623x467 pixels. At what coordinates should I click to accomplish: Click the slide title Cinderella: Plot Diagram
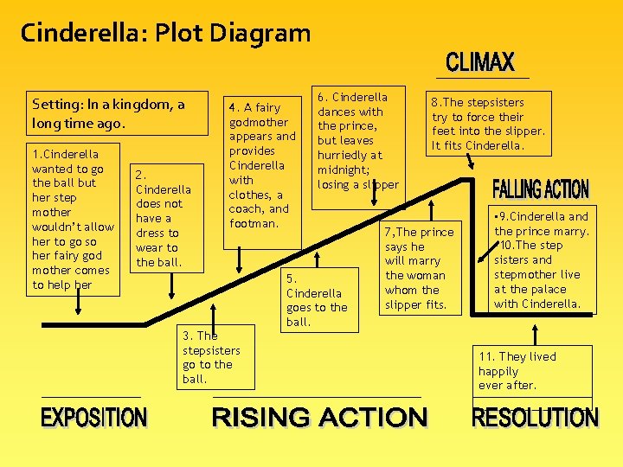click(165, 34)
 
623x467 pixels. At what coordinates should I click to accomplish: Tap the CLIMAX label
click(480, 62)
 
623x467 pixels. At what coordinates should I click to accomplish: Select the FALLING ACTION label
click(540, 189)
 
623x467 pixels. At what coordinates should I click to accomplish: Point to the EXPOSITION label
click(94, 418)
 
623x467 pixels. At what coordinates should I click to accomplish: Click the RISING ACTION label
click(319, 418)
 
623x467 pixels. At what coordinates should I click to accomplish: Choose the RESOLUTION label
click(535, 418)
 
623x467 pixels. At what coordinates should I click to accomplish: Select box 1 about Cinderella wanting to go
click(74, 220)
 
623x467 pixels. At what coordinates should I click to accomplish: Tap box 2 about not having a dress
click(164, 218)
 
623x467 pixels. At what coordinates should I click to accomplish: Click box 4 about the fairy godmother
click(261, 164)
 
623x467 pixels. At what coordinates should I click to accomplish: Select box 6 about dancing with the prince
click(358, 140)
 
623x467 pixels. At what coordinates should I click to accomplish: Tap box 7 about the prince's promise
click(419, 268)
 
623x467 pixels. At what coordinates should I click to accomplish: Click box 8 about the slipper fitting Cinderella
click(488, 124)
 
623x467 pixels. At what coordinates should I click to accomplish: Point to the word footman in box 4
click(254, 223)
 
